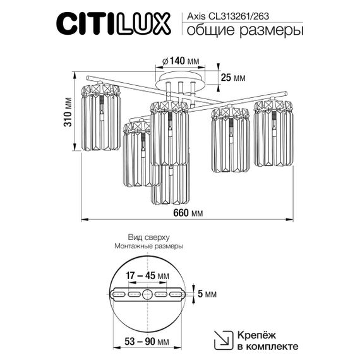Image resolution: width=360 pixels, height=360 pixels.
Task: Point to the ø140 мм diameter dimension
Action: tap(180, 61)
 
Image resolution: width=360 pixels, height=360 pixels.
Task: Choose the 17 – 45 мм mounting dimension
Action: tap(147, 276)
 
